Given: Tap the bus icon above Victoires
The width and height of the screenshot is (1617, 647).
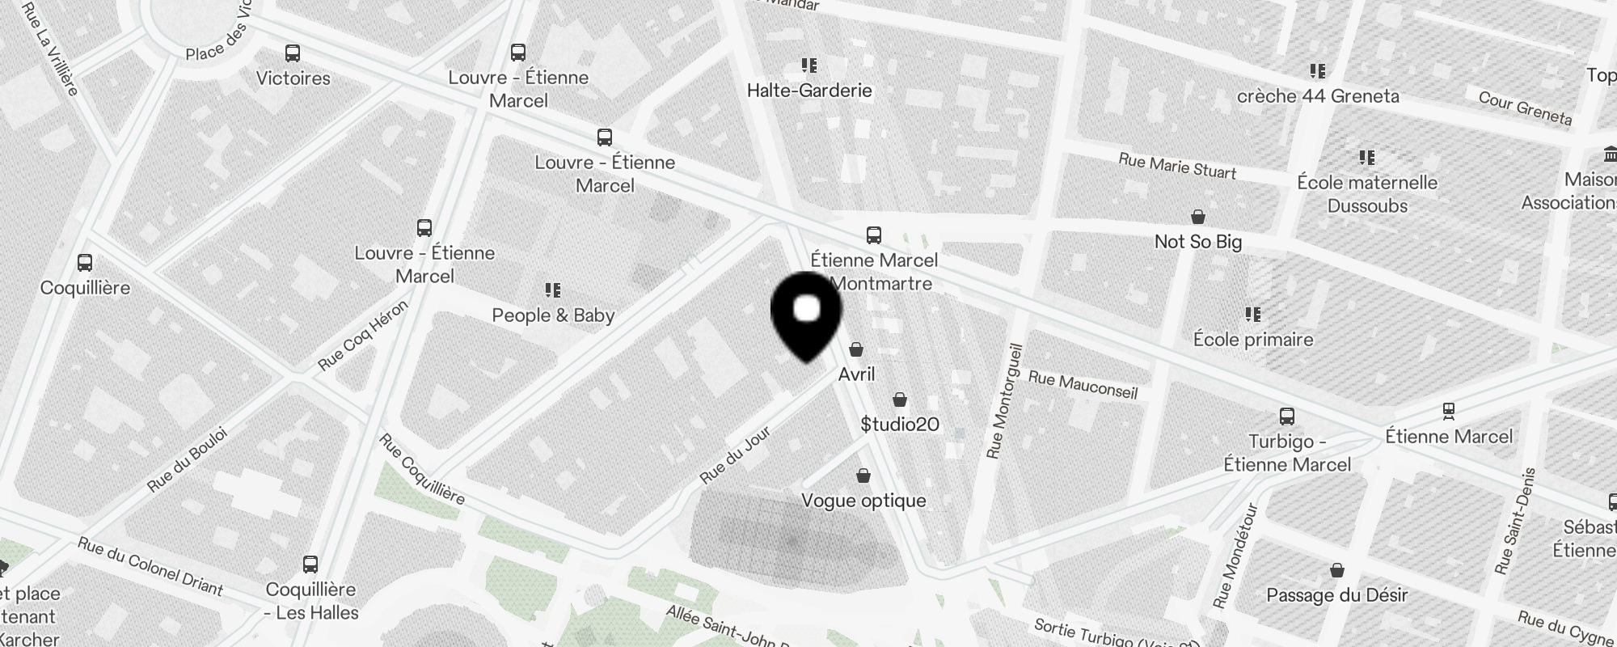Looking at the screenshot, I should click(293, 54).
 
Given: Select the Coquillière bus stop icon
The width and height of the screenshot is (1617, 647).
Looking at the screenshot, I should click(85, 263).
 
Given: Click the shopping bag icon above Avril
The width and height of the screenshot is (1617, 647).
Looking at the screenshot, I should click(856, 349).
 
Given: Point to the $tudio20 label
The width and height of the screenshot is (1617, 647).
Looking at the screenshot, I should click(900, 425).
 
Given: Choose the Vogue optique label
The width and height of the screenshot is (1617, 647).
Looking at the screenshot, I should click(863, 501).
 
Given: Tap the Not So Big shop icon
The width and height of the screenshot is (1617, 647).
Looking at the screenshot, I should click(1198, 217).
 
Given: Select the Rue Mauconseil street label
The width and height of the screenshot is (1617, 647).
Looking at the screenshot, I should click(1083, 385).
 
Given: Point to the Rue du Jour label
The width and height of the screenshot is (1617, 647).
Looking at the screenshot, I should click(735, 455).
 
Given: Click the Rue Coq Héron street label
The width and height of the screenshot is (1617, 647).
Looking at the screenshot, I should click(363, 336).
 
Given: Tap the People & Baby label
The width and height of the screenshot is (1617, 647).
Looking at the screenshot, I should click(553, 315).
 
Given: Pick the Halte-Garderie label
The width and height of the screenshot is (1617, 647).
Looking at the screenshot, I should click(809, 91).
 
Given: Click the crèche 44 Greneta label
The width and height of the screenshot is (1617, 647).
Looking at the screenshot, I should click(1318, 96).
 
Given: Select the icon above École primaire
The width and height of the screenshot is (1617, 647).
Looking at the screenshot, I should click(1253, 314).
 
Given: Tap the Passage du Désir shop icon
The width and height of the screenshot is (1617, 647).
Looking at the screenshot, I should click(1337, 570).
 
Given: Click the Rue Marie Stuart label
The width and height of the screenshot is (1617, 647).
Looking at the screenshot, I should click(1177, 166).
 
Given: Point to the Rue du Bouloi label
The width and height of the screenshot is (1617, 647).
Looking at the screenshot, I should click(188, 459).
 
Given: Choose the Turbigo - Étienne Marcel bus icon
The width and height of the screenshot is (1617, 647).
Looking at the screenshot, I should click(1287, 417).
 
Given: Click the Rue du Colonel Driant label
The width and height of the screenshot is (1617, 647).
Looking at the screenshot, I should click(150, 566).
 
